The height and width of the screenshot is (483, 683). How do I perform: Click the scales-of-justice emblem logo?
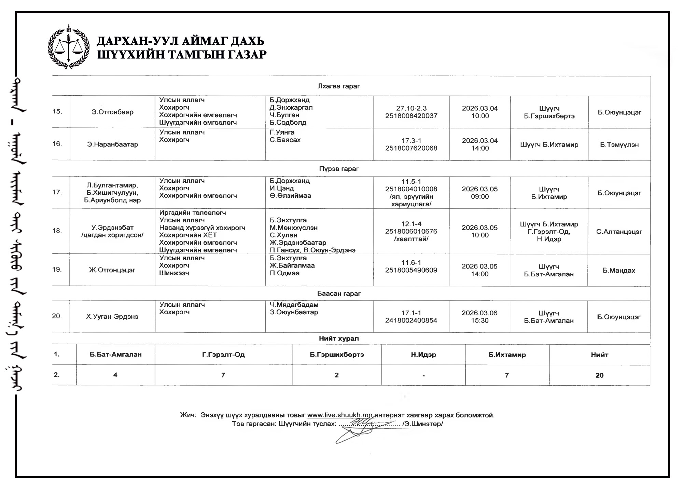tap(69, 47)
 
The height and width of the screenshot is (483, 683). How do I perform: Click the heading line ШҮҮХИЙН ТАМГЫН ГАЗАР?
tap(182, 55)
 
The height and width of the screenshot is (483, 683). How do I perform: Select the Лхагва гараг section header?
tap(339, 86)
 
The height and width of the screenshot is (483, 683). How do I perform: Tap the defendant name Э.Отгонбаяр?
tap(112, 112)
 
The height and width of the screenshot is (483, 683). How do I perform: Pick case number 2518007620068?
tap(411, 148)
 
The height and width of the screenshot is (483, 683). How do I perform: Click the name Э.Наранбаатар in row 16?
tap(112, 144)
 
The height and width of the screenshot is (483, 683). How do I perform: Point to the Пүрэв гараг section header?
tap(339, 169)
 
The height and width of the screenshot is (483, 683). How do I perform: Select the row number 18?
tap(57, 231)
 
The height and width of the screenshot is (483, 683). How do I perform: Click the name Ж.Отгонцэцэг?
tap(112, 270)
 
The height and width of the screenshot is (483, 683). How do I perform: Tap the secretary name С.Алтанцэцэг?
tap(619, 232)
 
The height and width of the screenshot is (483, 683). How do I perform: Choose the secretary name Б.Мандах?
tap(619, 271)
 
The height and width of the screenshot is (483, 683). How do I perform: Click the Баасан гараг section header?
tap(339, 293)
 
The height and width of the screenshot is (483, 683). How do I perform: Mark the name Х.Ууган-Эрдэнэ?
tap(112, 317)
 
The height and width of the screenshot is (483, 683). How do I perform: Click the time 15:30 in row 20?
tap(480, 320)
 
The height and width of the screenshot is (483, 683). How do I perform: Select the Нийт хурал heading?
tap(339, 339)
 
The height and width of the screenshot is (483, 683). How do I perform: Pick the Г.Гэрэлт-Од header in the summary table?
tap(223, 355)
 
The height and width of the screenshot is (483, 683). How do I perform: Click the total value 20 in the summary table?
tap(599, 375)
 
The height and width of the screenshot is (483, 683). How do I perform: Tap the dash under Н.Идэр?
tap(423, 375)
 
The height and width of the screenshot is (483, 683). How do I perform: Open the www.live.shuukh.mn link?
tap(340, 415)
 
